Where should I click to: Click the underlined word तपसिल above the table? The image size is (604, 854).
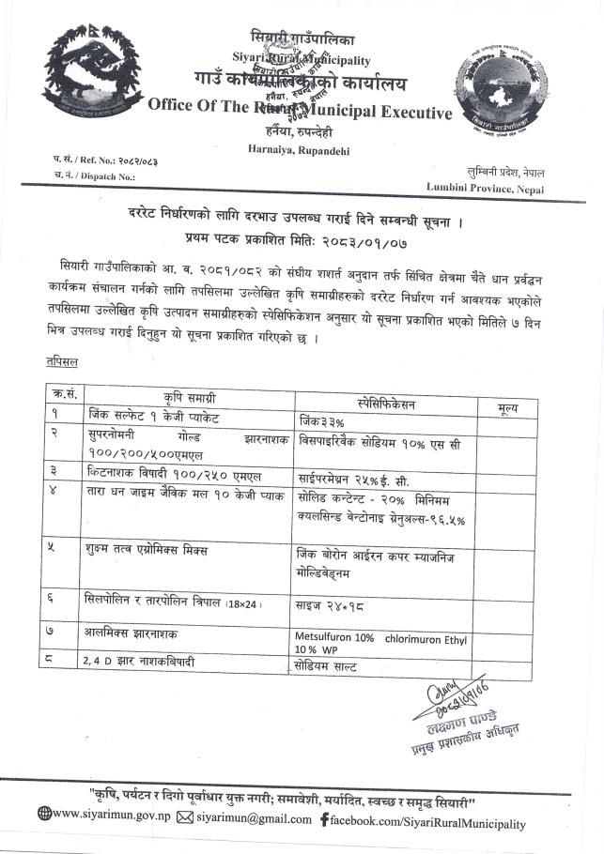coord(61,361)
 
